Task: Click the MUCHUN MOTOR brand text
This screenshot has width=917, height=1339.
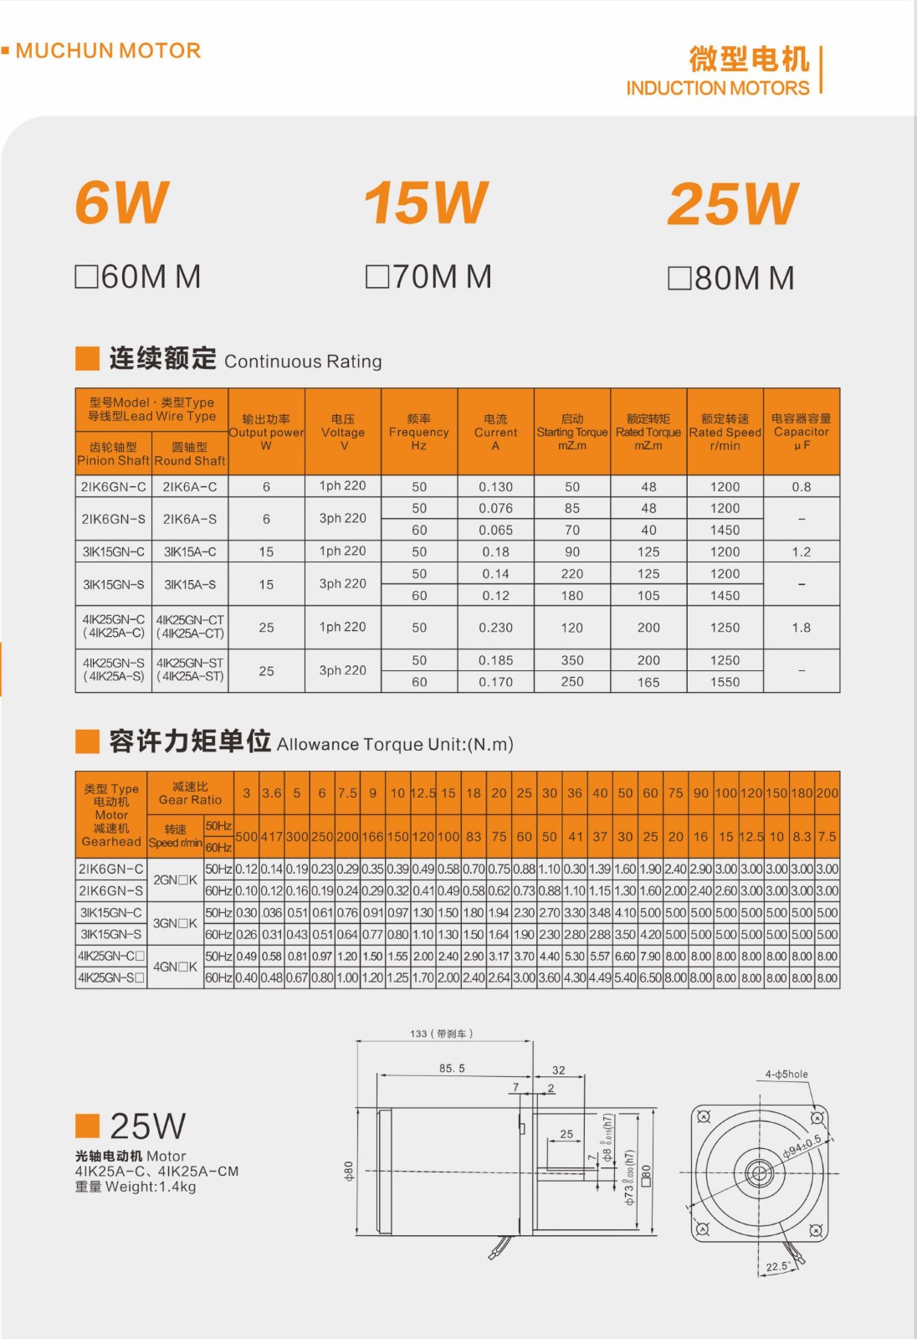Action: click(108, 51)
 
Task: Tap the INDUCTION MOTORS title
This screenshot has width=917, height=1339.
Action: click(717, 88)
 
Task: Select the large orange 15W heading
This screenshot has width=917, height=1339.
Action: click(426, 203)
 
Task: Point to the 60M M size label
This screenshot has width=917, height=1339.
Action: click(138, 277)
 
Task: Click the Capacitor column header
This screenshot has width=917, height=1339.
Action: click(801, 432)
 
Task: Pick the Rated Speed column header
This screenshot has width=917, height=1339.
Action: click(725, 432)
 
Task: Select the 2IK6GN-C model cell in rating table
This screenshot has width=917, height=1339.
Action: click(113, 486)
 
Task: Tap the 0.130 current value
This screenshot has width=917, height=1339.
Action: click(495, 487)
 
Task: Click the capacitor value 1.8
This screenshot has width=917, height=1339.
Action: click(801, 628)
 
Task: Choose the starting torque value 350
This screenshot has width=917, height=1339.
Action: click(572, 660)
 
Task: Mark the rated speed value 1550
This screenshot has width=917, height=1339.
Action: click(725, 682)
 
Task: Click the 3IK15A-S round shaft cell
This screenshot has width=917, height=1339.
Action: click(190, 584)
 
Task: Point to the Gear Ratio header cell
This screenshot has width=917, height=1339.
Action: click(190, 793)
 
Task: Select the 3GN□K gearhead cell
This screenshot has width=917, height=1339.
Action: click(175, 923)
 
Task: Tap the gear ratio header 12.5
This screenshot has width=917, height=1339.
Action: click(423, 793)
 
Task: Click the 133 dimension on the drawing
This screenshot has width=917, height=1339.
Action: click(441, 1034)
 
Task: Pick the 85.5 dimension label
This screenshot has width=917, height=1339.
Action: click(452, 1069)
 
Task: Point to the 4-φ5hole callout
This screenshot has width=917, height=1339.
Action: click(786, 1075)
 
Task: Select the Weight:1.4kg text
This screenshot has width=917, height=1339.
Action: click(136, 1187)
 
